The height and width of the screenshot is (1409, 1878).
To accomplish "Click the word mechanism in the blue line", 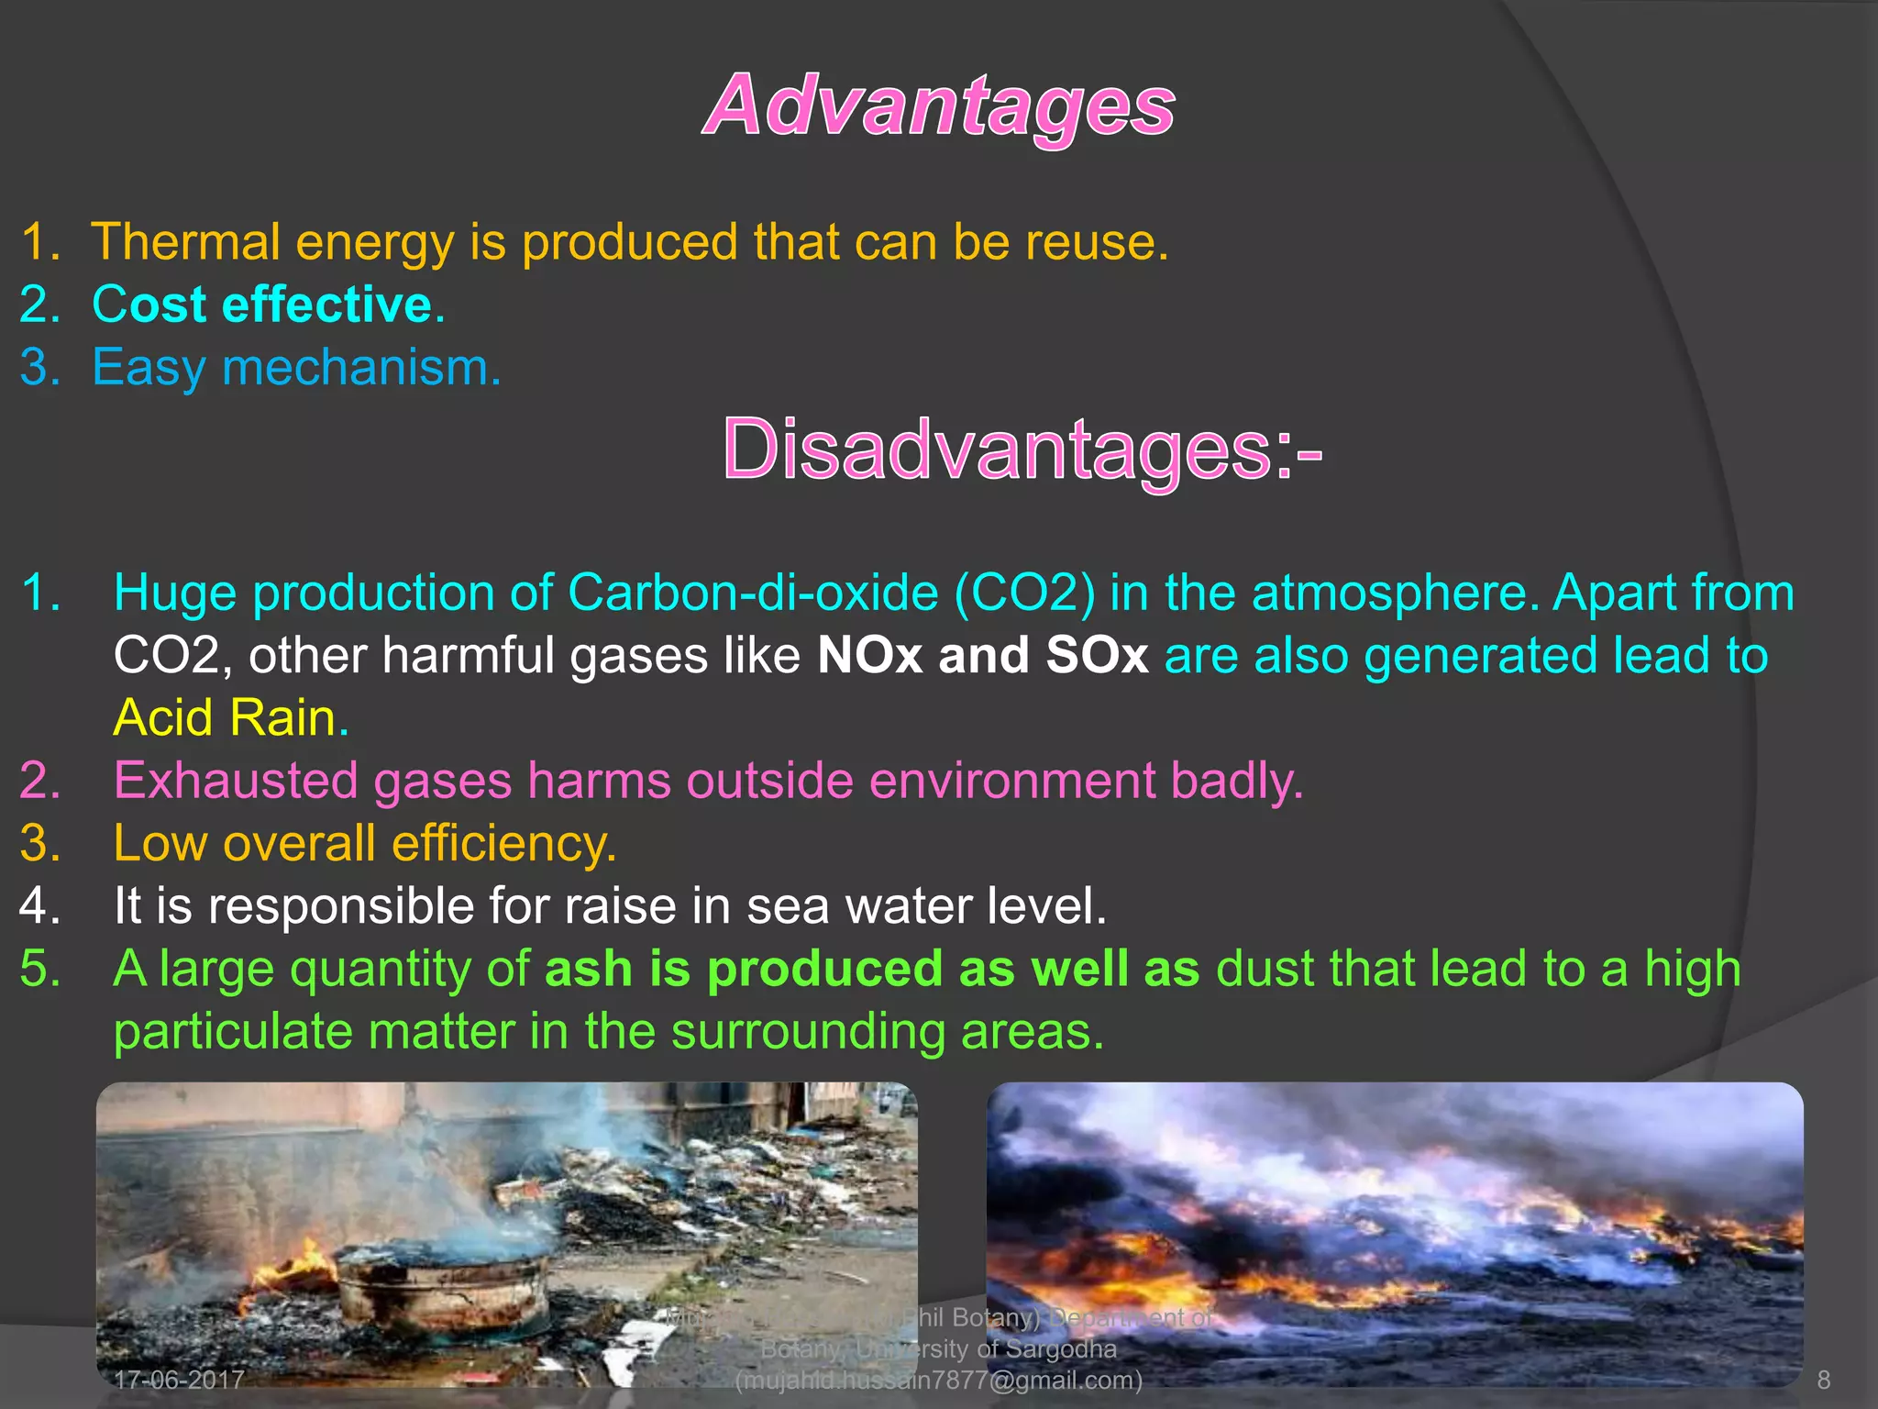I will click(361, 368).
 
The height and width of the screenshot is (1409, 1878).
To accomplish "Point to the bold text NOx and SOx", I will click(982, 656).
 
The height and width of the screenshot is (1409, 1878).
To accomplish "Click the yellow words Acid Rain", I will click(225, 718).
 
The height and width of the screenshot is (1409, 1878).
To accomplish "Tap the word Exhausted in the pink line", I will click(236, 781).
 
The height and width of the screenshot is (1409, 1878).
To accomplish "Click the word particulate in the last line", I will click(232, 1032).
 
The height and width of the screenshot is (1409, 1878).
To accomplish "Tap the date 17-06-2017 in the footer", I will click(179, 1380).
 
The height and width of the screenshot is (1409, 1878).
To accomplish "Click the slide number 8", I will click(1823, 1380).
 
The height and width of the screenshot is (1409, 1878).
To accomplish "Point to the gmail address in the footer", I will click(939, 1381).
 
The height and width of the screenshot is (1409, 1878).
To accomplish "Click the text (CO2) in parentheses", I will click(1024, 593).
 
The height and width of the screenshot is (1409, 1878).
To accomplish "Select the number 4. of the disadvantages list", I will click(39, 906).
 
